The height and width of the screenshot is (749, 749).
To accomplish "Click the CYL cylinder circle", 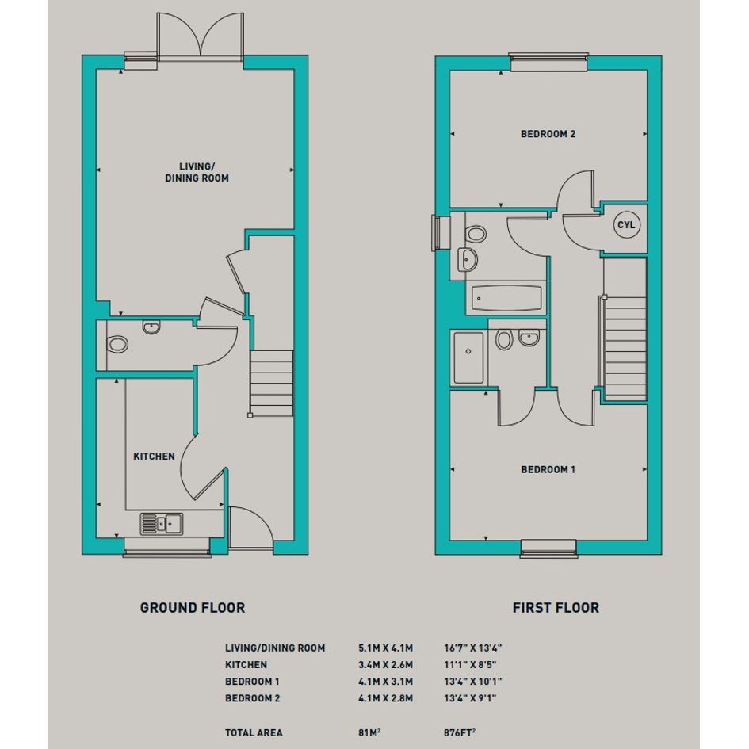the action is pyautogui.click(x=626, y=224).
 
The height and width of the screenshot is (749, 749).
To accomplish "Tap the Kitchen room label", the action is pyautogui.click(x=154, y=457).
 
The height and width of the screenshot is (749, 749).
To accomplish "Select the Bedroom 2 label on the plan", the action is pyautogui.click(x=548, y=134).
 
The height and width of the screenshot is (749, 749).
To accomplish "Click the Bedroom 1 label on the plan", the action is pyautogui.click(x=548, y=469).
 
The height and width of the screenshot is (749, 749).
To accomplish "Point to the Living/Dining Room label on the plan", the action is pyautogui.click(x=197, y=172).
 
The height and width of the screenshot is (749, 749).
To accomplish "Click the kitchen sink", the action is pyautogui.click(x=162, y=524).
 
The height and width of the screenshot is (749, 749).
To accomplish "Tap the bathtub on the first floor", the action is pyautogui.click(x=506, y=298).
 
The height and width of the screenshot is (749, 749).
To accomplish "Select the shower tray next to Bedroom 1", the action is pyautogui.click(x=468, y=358).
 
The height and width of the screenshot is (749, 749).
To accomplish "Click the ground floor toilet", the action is pyautogui.click(x=117, y=344).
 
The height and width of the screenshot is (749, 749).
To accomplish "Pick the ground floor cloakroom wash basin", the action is pyautogui.click(x=151, y=327).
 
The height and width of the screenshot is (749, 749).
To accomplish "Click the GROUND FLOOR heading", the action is pyautogui.click(x=193, y=608).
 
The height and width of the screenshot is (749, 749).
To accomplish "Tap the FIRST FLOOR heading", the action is pyautogui.click(x=556, y=608).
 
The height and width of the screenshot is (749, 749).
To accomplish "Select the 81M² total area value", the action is pyautogui.click(x=369, y=732).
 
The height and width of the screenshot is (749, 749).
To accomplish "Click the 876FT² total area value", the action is pyautogui.click(x=460, y=732).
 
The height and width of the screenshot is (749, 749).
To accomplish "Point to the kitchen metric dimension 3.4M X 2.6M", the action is pyautogui.click(x=385, y=664).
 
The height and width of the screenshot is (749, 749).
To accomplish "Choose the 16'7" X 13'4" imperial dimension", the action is pyautogui.click(x=473, y=648).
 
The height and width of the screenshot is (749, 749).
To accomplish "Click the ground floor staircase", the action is pyautogui.click(x=271, y=384).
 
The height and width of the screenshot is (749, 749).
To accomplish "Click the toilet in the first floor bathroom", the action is pyautogui.click(x=476, y=234).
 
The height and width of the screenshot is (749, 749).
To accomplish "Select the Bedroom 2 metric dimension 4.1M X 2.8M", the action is pyautogui.click(x=385, y=698).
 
